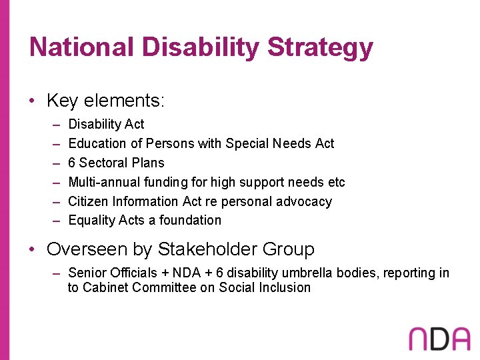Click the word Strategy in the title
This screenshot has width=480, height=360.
[x=320, y=48]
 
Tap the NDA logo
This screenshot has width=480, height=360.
[x=439, y=338]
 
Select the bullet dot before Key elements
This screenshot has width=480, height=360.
[x=33, y=101]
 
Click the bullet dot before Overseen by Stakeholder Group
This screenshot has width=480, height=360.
[x=33, y=250]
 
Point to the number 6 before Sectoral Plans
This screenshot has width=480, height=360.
[x=72, y=163]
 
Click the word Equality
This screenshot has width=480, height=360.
[x=92, y=220]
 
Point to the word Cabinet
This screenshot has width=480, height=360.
[x=105, y=287]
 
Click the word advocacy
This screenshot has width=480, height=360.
[x=305, y=201]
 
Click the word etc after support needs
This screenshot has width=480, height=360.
[x=337, y=182]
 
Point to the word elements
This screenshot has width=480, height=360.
[x=121, y=101]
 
